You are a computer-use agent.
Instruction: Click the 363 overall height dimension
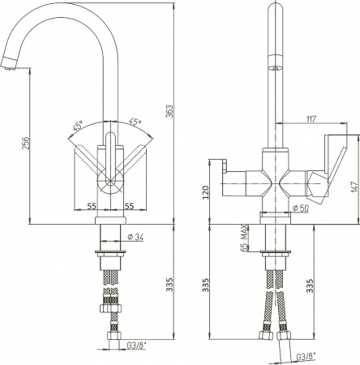[169, 111]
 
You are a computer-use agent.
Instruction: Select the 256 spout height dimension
[25, 143]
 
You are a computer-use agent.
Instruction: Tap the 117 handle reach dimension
[311, 119]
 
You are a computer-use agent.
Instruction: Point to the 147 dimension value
[355, 186]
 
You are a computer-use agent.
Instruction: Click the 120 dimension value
[206, 192]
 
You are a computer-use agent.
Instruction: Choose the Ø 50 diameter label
[301, 208]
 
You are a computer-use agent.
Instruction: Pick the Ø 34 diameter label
[135, 237]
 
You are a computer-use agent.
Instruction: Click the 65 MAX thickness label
[244, 238]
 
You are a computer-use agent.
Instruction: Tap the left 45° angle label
[78, 125]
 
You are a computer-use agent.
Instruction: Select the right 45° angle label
[135, 122]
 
